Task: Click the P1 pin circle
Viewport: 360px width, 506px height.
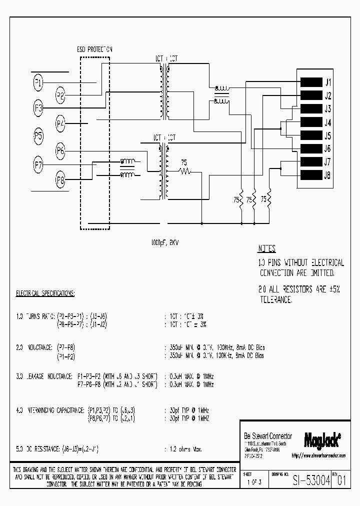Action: (x=38, y=82)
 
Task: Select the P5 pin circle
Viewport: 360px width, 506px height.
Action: (x=38, y=135)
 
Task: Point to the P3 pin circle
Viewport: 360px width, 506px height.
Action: (x=38, y=108)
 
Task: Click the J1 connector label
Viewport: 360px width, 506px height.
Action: (x=328, y=82)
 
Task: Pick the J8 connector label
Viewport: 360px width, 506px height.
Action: (x=328, y=175)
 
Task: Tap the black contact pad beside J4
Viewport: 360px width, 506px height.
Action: (x=310, y=122)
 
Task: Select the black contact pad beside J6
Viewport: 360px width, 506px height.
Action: (x=310, y=148)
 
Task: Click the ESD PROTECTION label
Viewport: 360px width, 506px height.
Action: (x=94, y=50)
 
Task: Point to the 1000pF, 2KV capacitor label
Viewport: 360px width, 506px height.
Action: (x=164, y=242)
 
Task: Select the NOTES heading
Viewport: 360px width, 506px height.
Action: (x=266, y=249)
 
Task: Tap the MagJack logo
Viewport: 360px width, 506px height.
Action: (x=322, y=439)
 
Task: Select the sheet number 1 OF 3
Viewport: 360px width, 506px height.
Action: (x=254, y=483)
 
